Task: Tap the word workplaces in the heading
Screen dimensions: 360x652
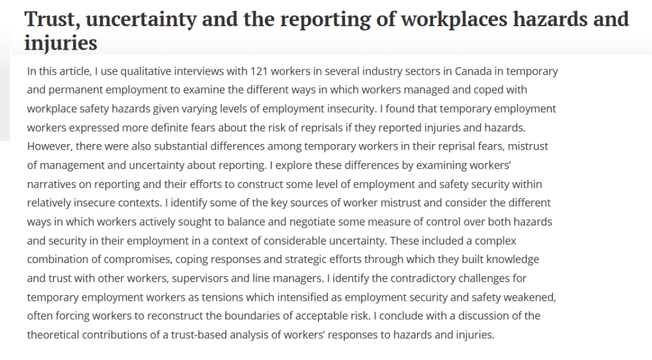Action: (454, 19)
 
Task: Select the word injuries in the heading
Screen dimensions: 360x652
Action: (61, 43)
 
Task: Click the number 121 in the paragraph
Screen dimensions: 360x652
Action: (261, 71)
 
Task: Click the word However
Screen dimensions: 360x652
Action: (49, 147)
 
